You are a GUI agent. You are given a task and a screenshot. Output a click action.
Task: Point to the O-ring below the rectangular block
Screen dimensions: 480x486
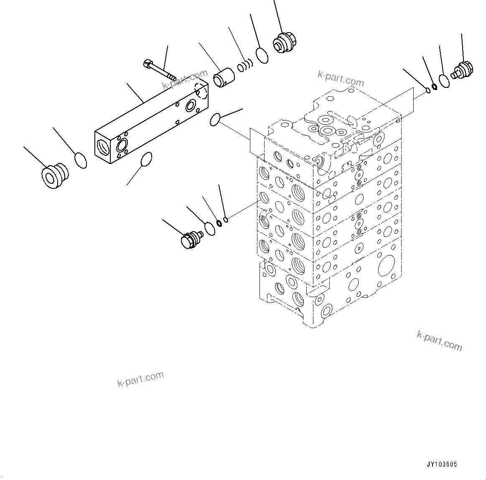click(146, 159)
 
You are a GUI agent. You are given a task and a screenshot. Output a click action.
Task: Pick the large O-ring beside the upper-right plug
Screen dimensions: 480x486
click(444, 80)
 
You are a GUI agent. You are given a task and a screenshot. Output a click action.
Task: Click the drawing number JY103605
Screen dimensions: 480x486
click(442, 464)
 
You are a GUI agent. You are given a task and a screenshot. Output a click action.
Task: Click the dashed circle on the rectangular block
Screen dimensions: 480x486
click(201, 91)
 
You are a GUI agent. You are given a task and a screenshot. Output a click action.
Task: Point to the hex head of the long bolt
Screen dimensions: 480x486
click(148, 64)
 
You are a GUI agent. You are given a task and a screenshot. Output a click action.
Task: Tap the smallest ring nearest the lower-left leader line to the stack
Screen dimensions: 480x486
click(226, 219)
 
